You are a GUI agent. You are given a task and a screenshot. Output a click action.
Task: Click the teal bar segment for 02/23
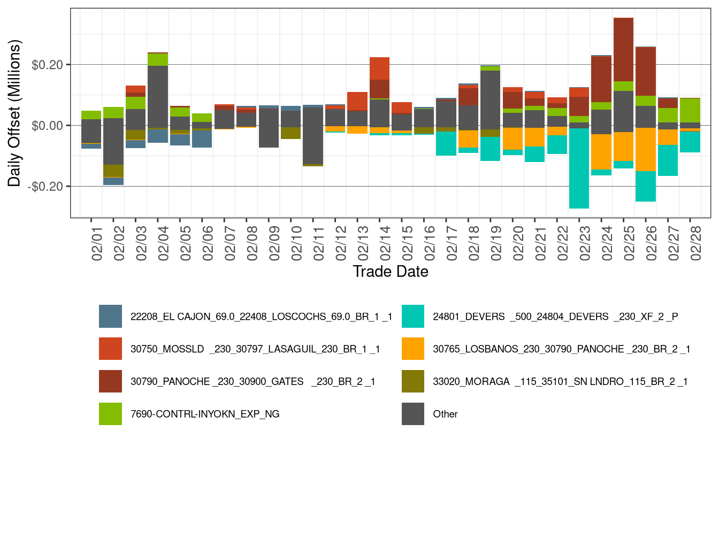[579, 168]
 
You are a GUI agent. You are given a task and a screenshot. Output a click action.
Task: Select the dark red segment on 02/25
[623, 50]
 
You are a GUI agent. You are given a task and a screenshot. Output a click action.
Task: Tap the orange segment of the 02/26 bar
[646, 149]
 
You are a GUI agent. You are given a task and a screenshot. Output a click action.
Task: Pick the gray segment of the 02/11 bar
[313, 136]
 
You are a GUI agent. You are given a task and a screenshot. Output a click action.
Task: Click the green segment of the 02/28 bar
[690, 110]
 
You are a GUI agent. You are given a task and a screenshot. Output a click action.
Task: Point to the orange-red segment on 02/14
[379, 68]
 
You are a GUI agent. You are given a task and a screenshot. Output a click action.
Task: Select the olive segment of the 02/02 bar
[113, 171]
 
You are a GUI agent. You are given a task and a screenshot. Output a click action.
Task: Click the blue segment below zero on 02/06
[202, 138]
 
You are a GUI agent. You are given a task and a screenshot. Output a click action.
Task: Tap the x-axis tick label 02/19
[495, 243]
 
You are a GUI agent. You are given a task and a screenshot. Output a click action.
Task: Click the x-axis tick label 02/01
[97, 243]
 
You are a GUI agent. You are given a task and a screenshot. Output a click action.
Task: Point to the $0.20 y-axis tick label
[47, 65]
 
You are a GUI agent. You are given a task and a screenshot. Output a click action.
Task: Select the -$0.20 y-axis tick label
[45, 187]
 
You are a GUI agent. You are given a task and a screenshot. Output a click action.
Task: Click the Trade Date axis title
[391, 272]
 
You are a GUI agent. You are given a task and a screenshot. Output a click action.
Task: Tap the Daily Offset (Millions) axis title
[14, 113]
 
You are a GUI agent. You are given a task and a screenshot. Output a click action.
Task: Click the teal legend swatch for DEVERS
[413, 317]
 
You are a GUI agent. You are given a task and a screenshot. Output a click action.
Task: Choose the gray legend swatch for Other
[413, 414]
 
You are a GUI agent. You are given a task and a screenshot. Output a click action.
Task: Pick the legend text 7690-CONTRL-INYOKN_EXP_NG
[205, 414]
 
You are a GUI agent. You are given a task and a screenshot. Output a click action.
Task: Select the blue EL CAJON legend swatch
[110, 317]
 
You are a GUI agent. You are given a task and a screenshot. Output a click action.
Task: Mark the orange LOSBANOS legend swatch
[413, 349]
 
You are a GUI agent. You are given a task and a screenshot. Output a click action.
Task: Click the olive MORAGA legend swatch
[413, 381]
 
